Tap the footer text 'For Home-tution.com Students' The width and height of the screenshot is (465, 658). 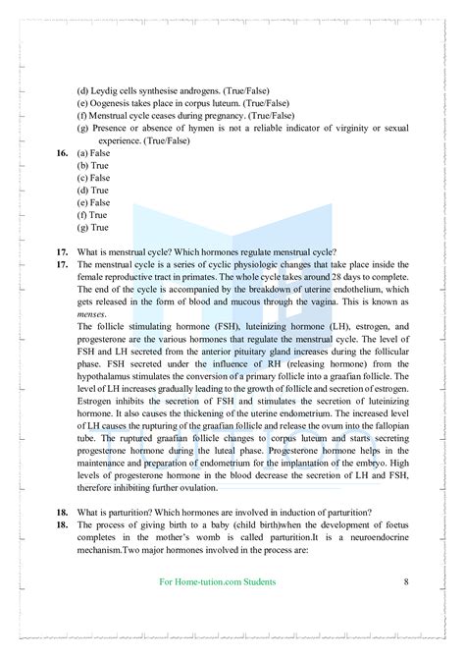218,581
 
